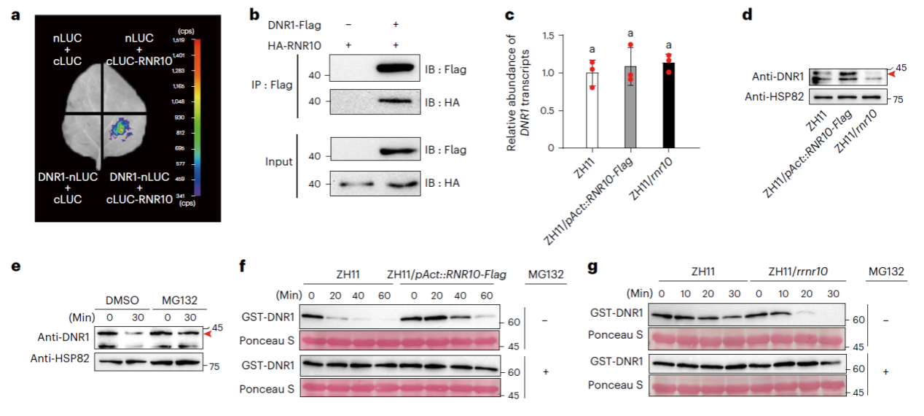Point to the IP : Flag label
(x=269, y=85)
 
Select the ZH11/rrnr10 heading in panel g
(x=797, y=272)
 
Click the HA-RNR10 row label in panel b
(x=289, y=45)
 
